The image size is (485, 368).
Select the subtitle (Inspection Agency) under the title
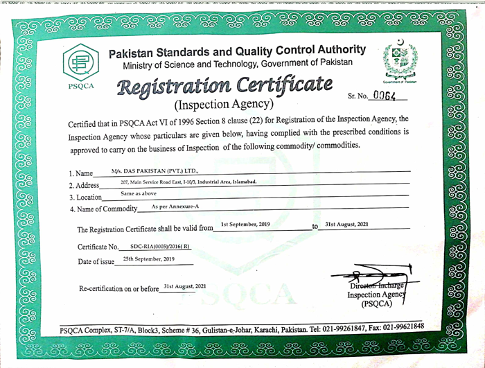tap(223, 106)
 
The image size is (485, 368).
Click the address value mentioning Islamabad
tap(188, 182)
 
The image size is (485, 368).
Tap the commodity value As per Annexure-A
tap(175, 207)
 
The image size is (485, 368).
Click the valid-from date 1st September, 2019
tap(245, 224)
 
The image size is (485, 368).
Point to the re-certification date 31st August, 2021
tap(185, 286)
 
